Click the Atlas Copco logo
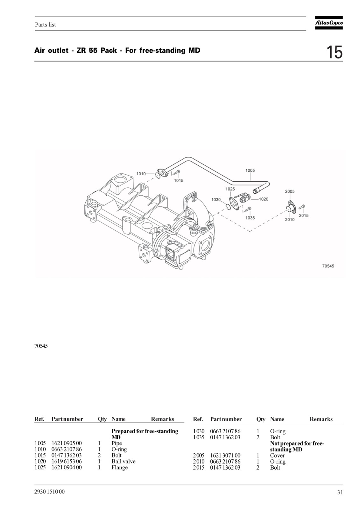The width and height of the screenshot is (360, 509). coord(328,23)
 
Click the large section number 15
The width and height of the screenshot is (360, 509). coord(334,52)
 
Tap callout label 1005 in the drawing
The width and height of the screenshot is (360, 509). coord(250,171)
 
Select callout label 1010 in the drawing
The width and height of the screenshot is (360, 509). coord(141,174)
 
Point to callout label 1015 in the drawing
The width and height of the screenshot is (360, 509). coord(179,180)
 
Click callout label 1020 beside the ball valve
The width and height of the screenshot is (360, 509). coord(264,199)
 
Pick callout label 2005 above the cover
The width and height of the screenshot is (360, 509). coord(290,191)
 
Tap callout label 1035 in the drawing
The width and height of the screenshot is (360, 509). coord(250,218)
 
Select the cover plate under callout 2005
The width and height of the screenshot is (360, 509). coord(292,207)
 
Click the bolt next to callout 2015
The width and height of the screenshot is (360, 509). coord(302,207)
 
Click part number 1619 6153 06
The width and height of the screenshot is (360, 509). coord(67,461)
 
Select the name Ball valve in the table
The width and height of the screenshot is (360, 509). coord(123,461)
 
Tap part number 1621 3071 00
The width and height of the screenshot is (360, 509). coord(225,455)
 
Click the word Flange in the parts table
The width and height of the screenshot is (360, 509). coord(120,467)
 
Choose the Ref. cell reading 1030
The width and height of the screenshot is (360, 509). coord(199,431)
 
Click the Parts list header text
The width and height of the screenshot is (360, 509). coord(46,24)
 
